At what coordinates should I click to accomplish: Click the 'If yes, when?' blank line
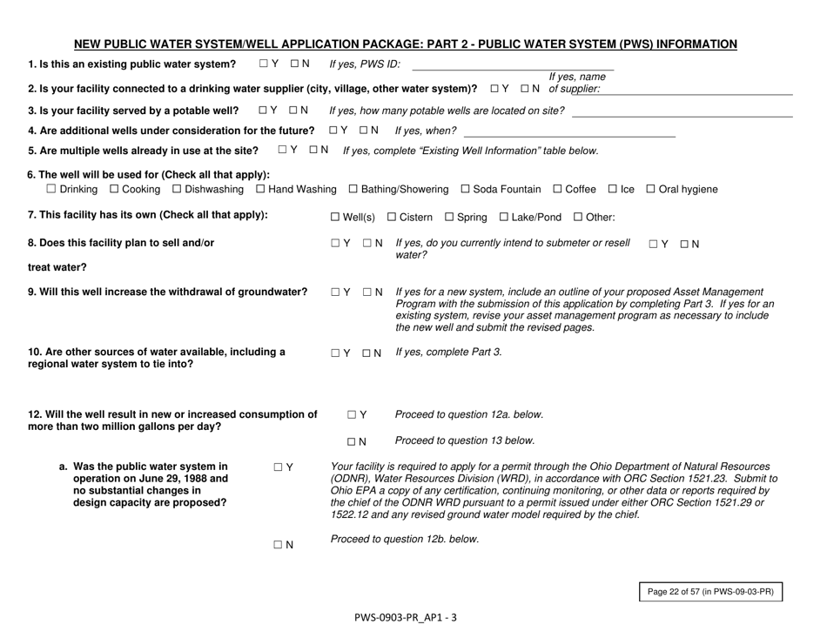(569, 134)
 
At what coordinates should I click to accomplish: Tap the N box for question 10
(367, 353)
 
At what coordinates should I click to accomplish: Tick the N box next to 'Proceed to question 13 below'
(353, 442)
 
